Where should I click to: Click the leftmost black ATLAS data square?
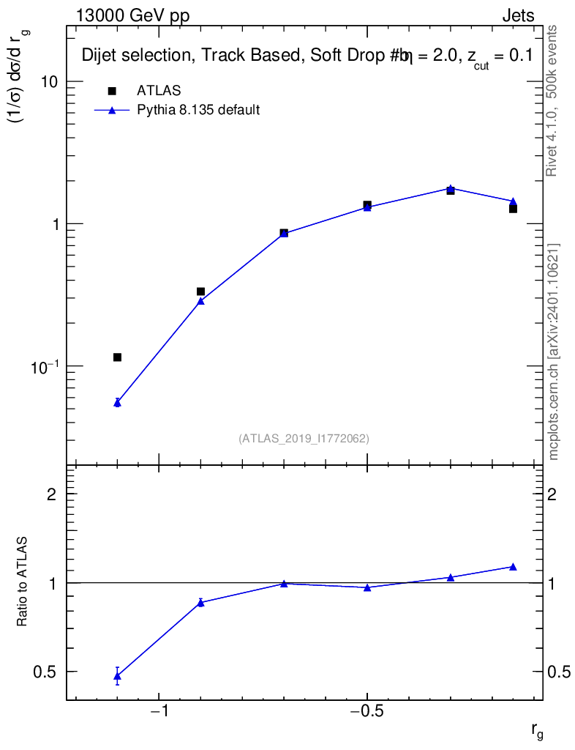(117, 357)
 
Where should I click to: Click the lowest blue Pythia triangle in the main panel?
(117, 402)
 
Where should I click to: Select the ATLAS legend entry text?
(159, 91)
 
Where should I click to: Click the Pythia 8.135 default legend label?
(198, 111)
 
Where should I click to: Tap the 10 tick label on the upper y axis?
(49, 82)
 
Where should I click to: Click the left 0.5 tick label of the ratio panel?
(45, 672)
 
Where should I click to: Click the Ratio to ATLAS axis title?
(22, 582)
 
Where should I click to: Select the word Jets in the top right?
(517, 16)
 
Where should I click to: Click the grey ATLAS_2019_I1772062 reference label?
(304, 439)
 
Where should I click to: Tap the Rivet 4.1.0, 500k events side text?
(552, 100)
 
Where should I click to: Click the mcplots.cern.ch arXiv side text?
(554, 352)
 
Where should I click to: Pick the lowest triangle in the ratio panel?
(117, 677)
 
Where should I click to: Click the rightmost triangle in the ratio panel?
(513, 566)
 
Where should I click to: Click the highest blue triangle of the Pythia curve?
(451, 188)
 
